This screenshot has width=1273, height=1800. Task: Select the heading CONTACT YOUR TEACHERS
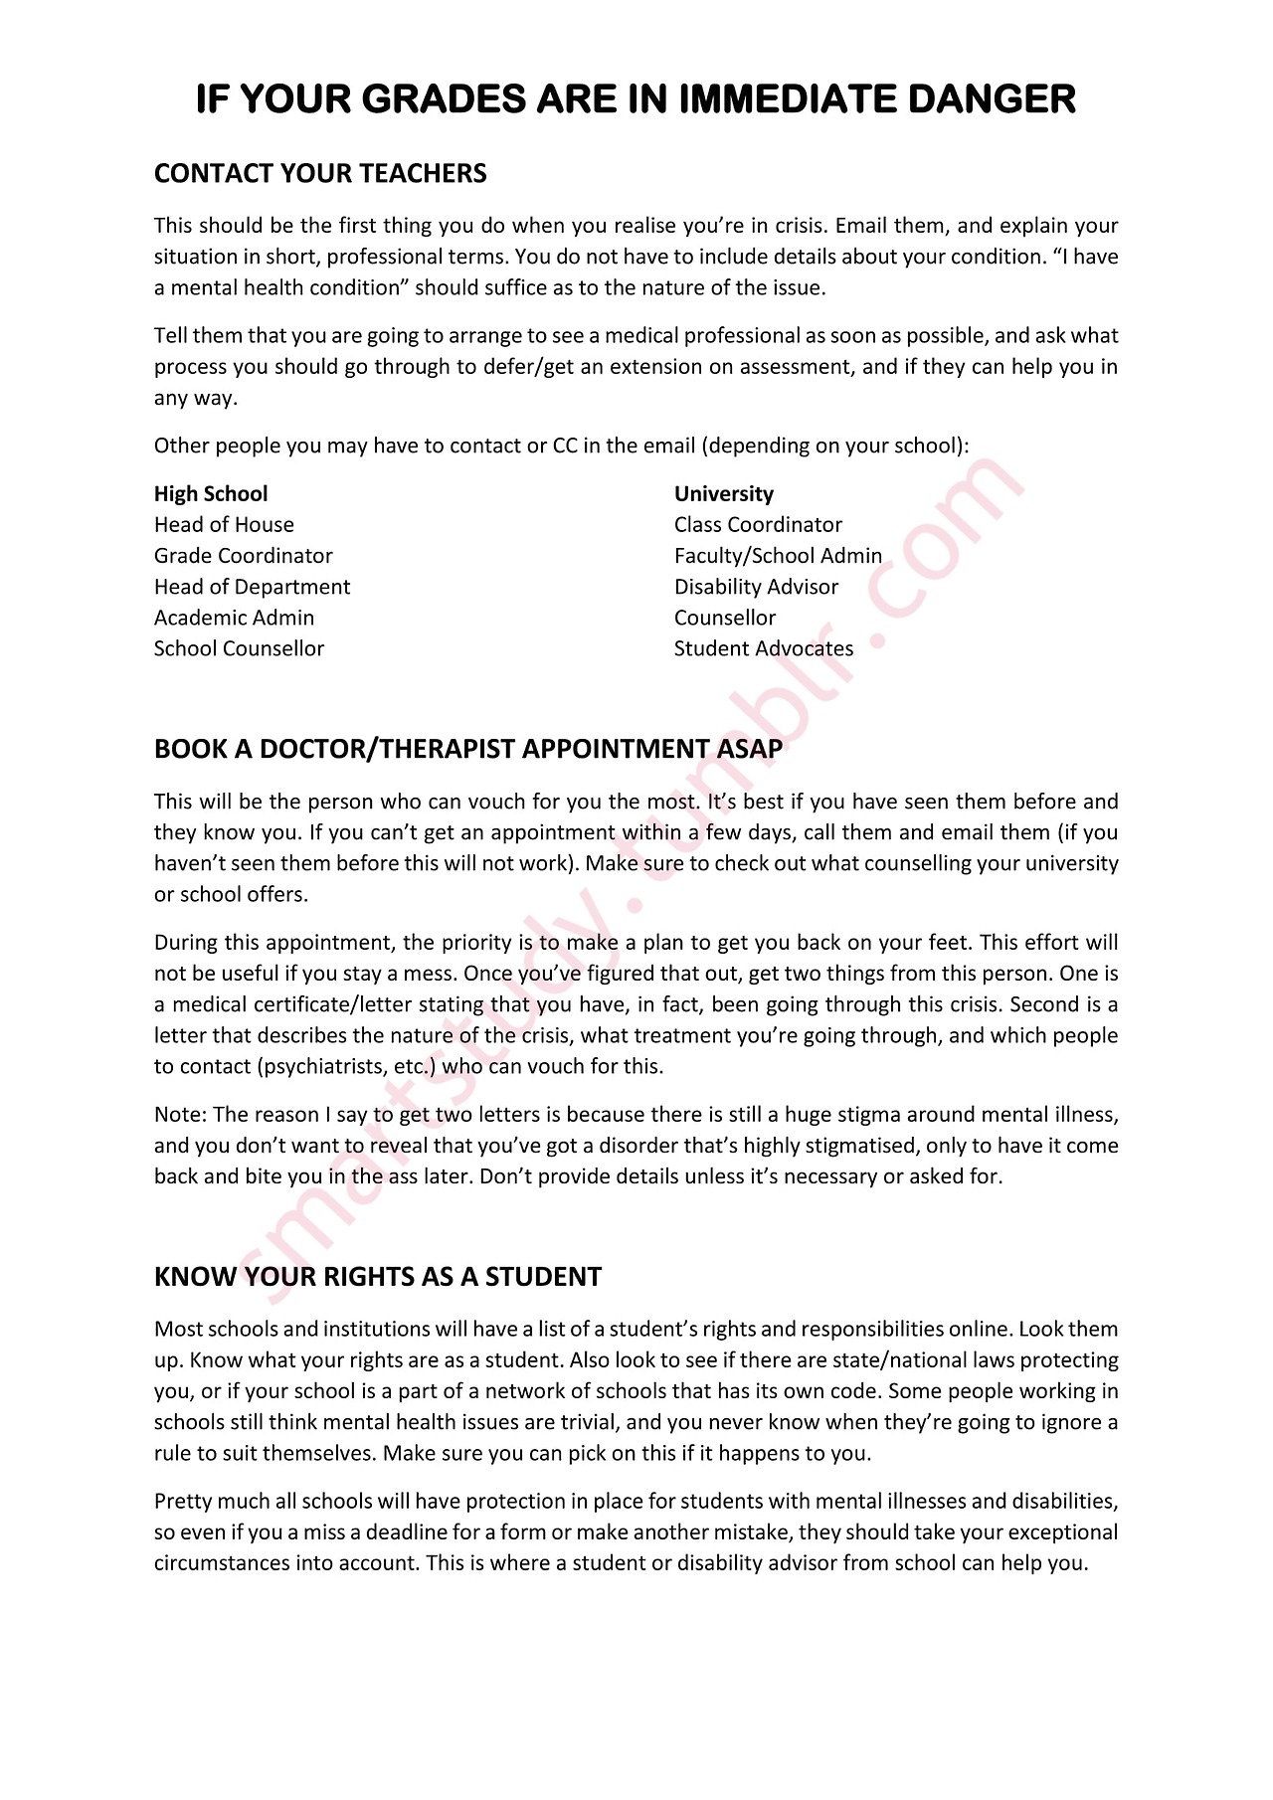tap(320, 174)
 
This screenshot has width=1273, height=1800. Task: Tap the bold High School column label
tap(211, 494)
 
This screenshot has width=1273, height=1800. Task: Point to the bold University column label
tap(723, 494)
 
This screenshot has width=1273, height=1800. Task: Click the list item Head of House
tap(224, 525)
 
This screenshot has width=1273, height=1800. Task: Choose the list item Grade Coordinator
tap(243, 556)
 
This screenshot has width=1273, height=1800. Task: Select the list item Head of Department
tap(252, 587)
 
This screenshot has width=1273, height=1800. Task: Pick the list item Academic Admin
tap(234, 618)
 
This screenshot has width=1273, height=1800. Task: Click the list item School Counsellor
tap(239, 648)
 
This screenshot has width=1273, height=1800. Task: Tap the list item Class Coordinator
tap(758, 525)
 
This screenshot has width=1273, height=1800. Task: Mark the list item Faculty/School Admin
tap(778, 556)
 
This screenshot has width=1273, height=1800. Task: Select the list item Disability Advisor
tap(756, 587)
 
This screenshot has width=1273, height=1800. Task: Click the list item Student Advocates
tap(764, 648)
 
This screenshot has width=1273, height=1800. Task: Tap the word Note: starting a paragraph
tap(180, 1115)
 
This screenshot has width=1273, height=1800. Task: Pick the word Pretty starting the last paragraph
tap(182, 1502)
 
